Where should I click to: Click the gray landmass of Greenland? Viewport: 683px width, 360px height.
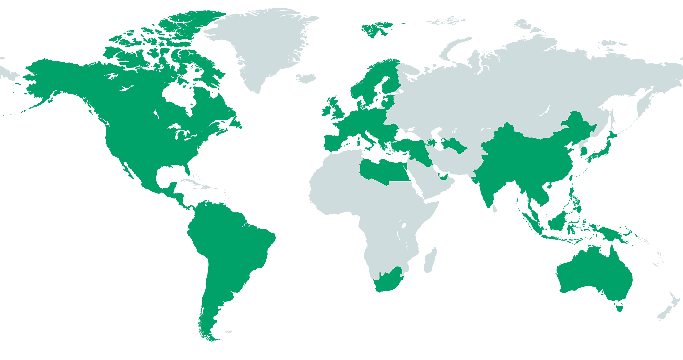point(266,48)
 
